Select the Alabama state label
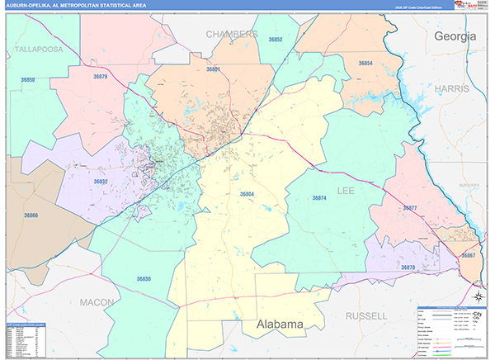(x=279, y=324)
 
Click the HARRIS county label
(x=454, y=88)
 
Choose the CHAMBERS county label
(x=231, y=35)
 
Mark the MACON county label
(x=97, y=303)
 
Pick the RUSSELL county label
(x=366, y=316)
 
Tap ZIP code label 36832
(x=101, y=182)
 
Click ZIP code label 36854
(x=365, y=64)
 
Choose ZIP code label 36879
(x=100, y=77)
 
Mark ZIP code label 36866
(x=31, y=216)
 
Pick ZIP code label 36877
(x=409, y=207)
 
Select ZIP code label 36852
(x=276, y=40)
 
